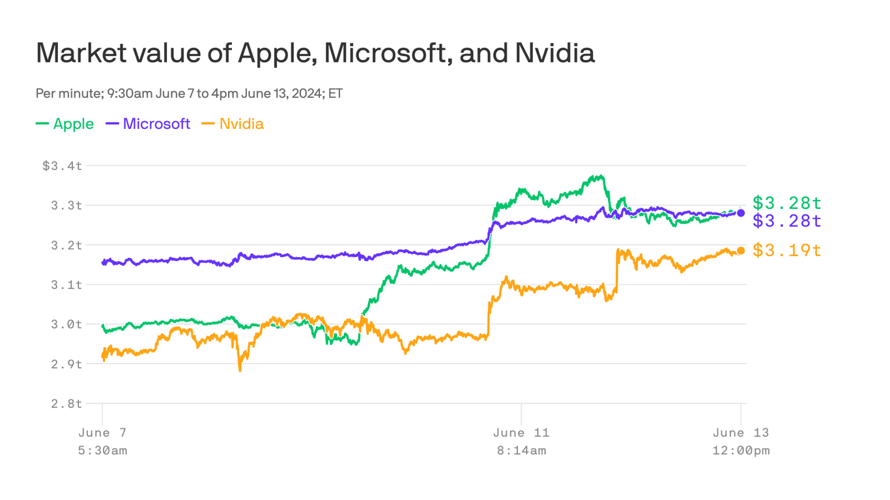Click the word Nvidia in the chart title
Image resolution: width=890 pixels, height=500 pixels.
click(x=554, y=53)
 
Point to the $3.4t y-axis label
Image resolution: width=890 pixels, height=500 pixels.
click(x=63, y=165)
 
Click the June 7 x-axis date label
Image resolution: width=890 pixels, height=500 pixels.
click(x=102, y=433)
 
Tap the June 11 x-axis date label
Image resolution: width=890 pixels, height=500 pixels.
click(x=521, y=433)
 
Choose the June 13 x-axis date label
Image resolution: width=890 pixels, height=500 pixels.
click(x=741, y=433)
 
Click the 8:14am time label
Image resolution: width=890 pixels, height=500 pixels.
click(x=521, y=451)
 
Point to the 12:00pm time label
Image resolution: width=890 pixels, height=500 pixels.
click(x=741, y=451)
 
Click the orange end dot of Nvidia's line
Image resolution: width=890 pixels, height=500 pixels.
click(x=741, y=251)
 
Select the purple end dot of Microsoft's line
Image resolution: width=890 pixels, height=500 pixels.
click(x=741, y=213)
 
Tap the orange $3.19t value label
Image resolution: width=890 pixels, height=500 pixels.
click(x=787, y=250)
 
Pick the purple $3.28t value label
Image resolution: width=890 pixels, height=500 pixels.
click(x=787, y=221)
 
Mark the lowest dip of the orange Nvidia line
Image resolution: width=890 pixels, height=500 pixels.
click(x=240, y=370)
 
